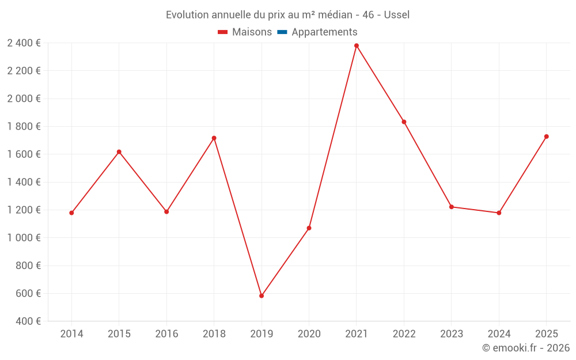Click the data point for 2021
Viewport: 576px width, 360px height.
[357, 46]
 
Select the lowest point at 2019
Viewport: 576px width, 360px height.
[262, 296]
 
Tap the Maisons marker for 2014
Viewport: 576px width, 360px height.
[71, 213]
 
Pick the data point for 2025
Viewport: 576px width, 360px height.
[547, 137]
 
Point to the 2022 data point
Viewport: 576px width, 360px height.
[404, 122]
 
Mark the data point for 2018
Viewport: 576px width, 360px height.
[214, 138]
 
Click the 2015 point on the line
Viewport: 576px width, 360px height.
[119, 152]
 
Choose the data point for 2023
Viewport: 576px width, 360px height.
[452, 207]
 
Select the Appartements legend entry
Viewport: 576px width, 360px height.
[317, 32]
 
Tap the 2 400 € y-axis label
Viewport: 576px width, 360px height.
[24, 43]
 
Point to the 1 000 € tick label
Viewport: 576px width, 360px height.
[24, 238]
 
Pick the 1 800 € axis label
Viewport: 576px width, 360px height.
[24, 127]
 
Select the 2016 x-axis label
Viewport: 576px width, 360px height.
[166, 334]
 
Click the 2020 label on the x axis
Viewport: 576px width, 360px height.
[309, 334]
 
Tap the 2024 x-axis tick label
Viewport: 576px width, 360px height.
[499, 334]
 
